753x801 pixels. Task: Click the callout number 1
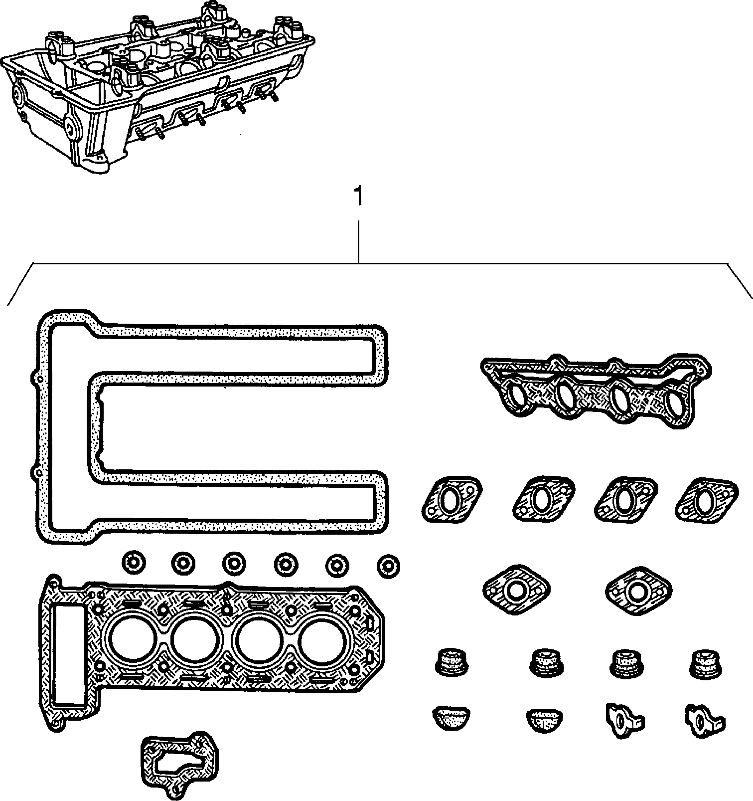point(357,197)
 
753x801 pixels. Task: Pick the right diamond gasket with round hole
point(638,591)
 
